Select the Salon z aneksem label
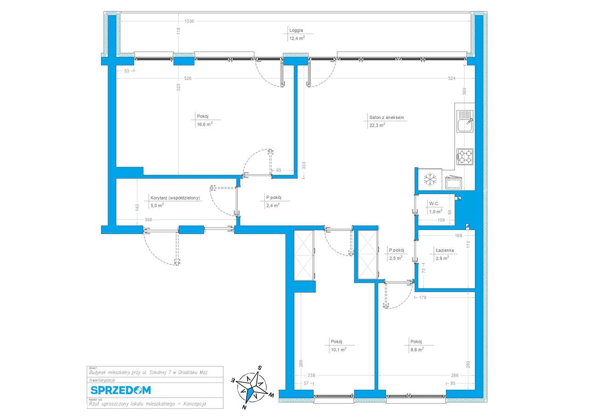click(x=386, y=117)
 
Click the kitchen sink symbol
click(x=464, y=124)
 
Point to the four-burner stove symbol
click(x=464, y=156)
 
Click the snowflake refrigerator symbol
click(x=429, y=179)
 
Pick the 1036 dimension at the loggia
click(x=189, y=21)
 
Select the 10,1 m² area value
click(x=338, y=349)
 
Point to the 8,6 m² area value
click(x=417, y=349)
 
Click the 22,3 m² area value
click(x=377, y=125)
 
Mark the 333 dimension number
click(x=304, y=166)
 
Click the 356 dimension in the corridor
click(x=148, y=220)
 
